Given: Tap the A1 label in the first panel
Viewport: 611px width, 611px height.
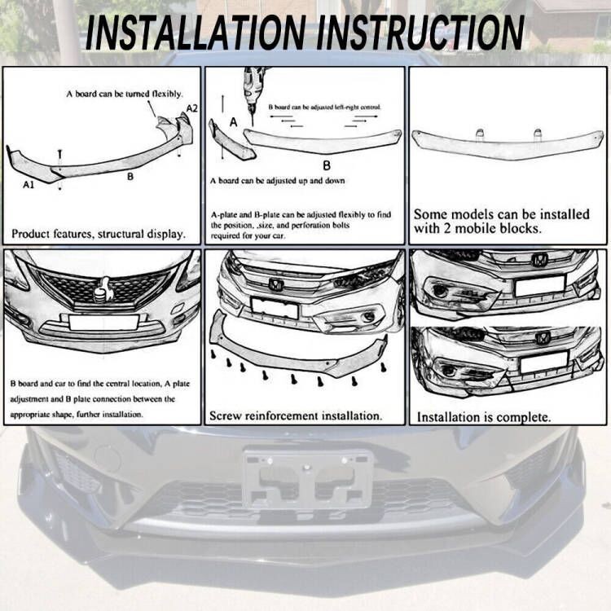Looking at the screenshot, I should (x=29, y=185).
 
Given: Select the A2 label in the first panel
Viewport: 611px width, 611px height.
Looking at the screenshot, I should (x=191, y=108).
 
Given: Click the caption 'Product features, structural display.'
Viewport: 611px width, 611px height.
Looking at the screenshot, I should (x=99, y=234).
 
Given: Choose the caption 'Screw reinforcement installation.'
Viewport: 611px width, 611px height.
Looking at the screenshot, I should (x=296, y=415).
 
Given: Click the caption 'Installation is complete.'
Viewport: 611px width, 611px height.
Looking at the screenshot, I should (x=484, y=417).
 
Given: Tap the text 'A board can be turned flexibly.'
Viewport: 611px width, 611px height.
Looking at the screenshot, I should (x=124, y=95).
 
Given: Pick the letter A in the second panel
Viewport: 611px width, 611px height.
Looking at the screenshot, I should (x=233, y=122).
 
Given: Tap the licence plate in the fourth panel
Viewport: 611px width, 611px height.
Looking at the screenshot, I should (x=103, y=322).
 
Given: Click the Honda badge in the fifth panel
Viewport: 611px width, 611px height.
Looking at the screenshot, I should (x=276, y=286).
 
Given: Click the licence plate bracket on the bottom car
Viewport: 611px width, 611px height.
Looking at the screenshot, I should (x=307, y=478).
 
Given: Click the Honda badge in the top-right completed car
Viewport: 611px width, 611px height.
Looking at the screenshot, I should (x=539, y=260).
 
